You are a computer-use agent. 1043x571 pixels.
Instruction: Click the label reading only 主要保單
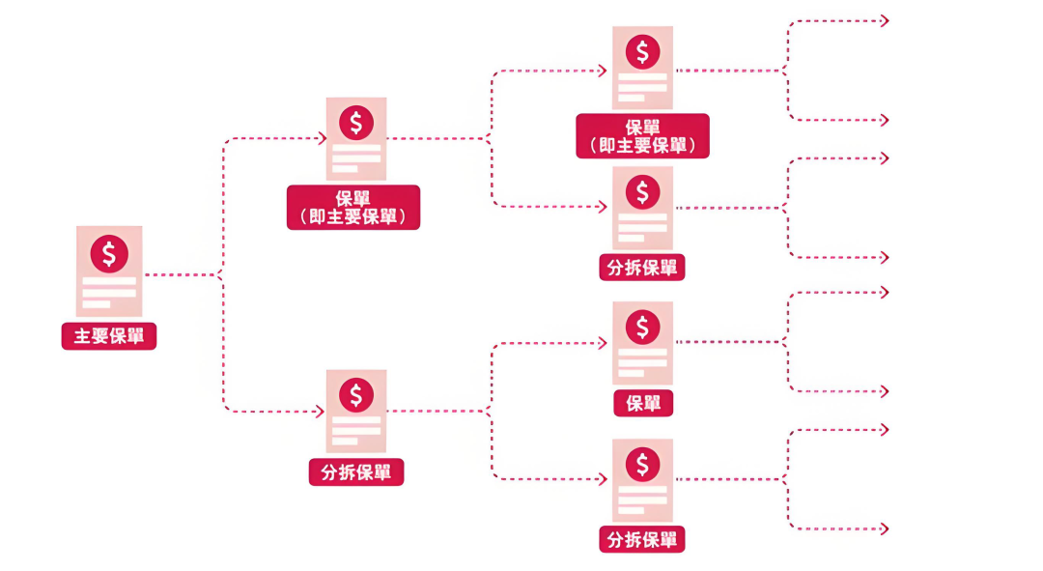click(x=109, y=336)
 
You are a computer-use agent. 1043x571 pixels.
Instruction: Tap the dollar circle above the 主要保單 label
click(x=109, y=253)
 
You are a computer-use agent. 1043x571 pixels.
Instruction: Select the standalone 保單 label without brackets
click(x=643, y=403)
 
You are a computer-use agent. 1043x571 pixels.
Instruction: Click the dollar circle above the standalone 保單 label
click(x=642, y=328)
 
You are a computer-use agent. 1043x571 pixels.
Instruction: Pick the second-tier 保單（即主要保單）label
click(x=353, y=207)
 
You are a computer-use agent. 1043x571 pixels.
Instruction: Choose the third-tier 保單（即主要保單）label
click(x=642, y=136)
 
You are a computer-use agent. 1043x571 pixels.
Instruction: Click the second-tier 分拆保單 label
click(x=355, y=472)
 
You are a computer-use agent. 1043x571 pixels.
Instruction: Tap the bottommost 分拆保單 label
click(x=642, y=539)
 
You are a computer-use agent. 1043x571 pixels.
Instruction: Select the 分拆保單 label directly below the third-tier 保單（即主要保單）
click(x=642, y=268)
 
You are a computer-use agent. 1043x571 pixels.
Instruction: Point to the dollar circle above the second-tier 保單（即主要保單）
click(x=356, y=123)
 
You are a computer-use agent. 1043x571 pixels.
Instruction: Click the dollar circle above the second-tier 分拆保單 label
click(x=356, y=394)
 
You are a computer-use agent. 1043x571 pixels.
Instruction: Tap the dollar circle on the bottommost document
click(x=642, y=465)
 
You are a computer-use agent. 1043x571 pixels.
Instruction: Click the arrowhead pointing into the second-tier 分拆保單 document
click(x=320, y=412)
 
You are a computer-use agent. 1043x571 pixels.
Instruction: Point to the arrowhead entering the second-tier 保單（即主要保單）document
click(x=322, y=139)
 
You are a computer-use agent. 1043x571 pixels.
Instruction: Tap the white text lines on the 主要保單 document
click(x=109, y=293)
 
